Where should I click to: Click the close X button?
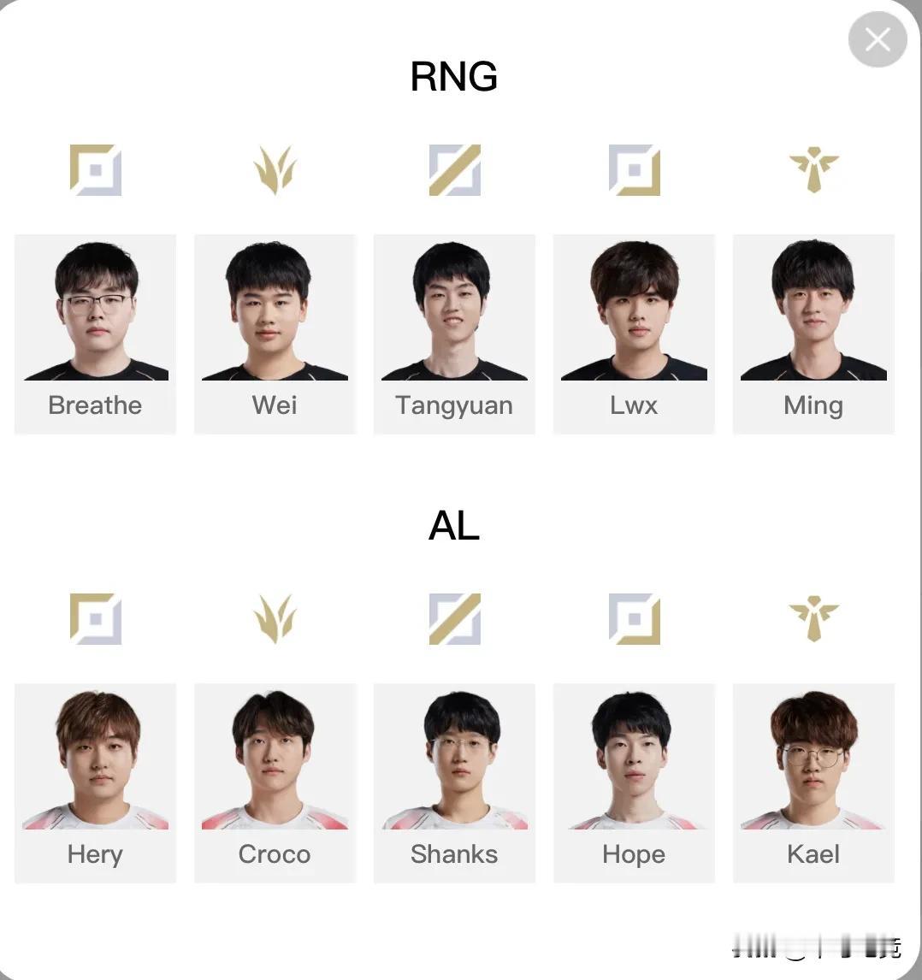[x=877, y=39]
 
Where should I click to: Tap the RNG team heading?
[x=453, y=77]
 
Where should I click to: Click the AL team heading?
[x=453, y=526]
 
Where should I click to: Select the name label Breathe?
[x=95, y=405]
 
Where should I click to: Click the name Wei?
[x=275, y=405]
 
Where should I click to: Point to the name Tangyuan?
[x=454, y=405]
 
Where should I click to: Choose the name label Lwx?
[x=634, y=405]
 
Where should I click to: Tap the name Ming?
[x=813, y=405]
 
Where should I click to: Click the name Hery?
[x=95, y=854]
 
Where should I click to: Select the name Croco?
[x=275, y=854]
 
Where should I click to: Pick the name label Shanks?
[x=454, y=854]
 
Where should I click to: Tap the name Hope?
[x=634, y=854]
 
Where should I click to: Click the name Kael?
[x=813, y=854]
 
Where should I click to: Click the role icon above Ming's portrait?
[x=813, y=169]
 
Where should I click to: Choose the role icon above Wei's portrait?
[x=275, y=169]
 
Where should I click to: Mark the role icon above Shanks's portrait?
[x=454, y=618]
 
